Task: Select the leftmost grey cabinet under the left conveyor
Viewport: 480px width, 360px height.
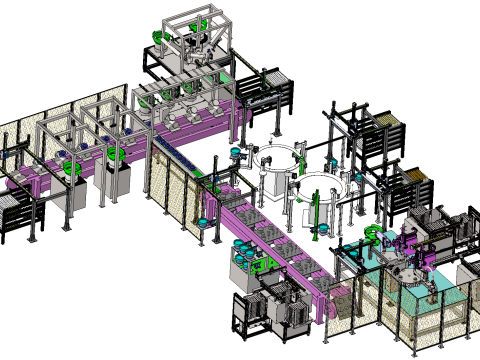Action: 73,195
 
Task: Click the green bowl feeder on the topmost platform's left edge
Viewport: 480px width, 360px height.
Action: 157,38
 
